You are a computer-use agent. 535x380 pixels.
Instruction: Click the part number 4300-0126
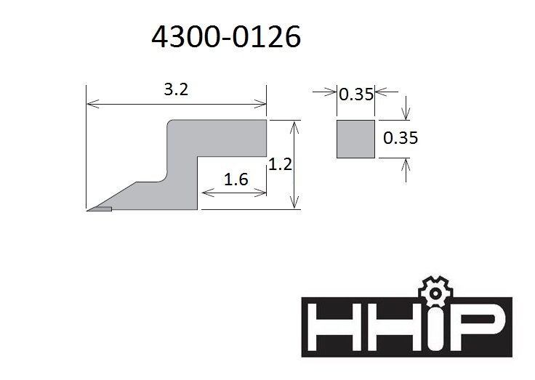click(226, 36)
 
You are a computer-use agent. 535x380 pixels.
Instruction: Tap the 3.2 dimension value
click(176, 89)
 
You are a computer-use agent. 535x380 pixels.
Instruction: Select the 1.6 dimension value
click(236, 179)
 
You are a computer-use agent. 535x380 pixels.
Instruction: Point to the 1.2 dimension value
click(280, 164)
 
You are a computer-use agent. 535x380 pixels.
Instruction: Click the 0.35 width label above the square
click(356, 94)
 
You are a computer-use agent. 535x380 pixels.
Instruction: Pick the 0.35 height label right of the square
click(401, 138)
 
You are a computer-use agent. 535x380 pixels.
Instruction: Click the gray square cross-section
click(356, 139)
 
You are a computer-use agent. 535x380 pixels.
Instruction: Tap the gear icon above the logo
click(435, 291)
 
